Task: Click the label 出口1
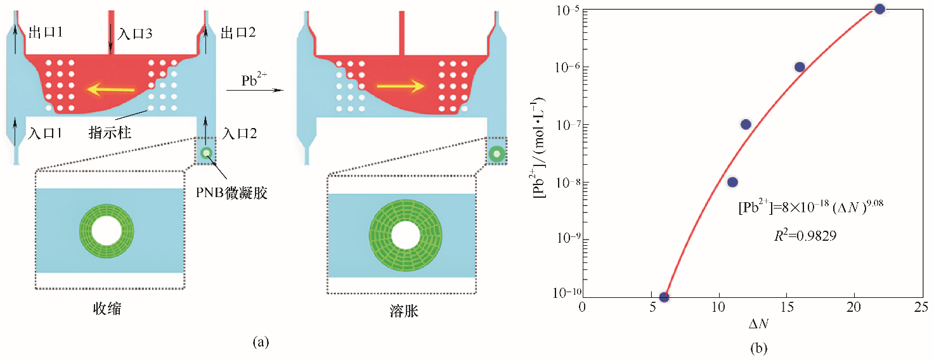(x=44, y=31)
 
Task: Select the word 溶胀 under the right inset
(x=401, y=313)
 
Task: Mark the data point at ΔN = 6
(x=665, y=297)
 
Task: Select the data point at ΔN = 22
(x=879, y=9)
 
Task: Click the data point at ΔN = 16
(x=800, y=67)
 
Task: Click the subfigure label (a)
(x=261, y=343)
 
